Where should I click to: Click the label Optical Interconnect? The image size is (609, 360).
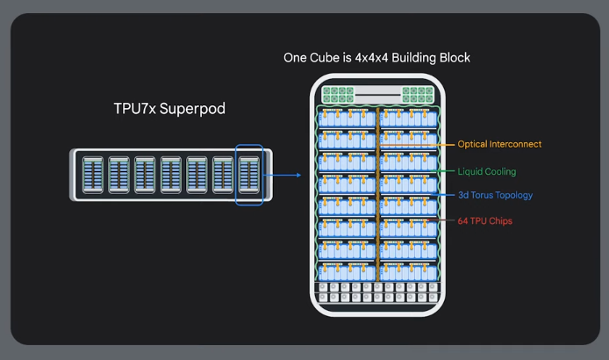(499, 144)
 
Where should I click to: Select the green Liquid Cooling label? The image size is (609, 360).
(487, 171)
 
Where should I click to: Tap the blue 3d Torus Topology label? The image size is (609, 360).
(495, 195)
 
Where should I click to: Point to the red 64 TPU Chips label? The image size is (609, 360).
(484, 221)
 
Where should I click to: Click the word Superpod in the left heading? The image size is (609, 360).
(193, 109)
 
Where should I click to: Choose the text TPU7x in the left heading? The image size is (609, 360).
(134, 109)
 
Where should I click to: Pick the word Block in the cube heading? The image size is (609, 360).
(453, 58)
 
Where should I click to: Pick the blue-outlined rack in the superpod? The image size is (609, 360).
(249, 176)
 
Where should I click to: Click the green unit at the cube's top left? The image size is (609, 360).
(338, 96)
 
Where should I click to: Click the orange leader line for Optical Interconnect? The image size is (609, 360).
(447, 144)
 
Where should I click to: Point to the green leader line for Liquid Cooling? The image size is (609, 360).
(447, 171)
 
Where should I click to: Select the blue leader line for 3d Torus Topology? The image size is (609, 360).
(447, 195)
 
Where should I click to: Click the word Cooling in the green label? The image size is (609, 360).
(502, 171)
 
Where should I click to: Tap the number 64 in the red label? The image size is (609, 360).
(463, 221)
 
